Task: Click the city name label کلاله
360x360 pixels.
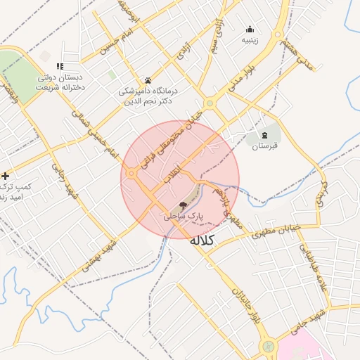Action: point(202,240)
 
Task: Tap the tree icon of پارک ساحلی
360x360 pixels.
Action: point(183,206)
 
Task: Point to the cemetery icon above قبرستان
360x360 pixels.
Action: point(264,134)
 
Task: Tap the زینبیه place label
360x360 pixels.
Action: point(250,40)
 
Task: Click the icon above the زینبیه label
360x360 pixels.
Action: point(250,29)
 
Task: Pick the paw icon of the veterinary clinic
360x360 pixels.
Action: point(148,80)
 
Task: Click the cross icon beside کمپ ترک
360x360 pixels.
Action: point(6,175)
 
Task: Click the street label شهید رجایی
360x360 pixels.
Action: point(61,180)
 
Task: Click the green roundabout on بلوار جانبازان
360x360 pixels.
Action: point(268,346)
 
